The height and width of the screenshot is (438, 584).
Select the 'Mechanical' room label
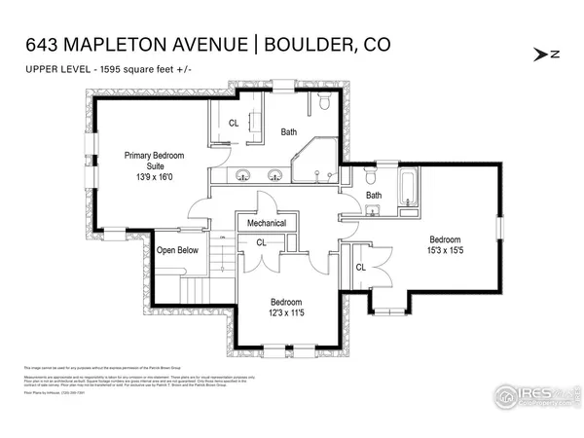click(266, 223)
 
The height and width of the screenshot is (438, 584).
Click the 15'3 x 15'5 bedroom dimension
click(445, 251)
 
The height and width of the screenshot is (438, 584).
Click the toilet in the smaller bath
click(369, 178)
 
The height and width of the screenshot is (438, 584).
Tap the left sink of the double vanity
click(244, 176)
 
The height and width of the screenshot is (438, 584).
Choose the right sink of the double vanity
click(276, 176)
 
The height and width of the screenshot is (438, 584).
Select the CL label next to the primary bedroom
click(234, 124)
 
